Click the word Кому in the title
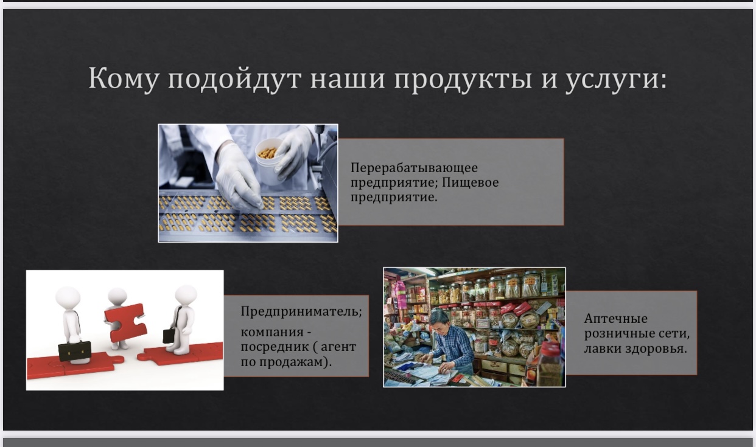[x=123, y=79]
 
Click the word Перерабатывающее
[x=414, y=167]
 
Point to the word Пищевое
[x=470, y=182]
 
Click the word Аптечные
[x=616, y=319]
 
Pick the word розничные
[x=615, y=333]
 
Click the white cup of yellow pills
[x=269, y=161]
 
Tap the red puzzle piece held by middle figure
[x=125, y=322]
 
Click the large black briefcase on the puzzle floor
[x=75, y=351]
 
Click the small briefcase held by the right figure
[x=169, y=336]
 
